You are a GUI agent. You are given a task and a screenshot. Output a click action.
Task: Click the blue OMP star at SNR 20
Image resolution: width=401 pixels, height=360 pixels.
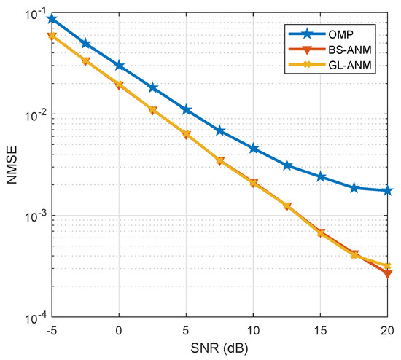387,190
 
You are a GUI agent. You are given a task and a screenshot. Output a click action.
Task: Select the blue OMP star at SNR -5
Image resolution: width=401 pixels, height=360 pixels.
52,18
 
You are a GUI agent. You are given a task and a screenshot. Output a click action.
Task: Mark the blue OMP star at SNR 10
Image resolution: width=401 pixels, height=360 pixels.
253,148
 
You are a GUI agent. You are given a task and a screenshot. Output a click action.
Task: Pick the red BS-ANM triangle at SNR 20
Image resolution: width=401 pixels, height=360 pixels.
387,274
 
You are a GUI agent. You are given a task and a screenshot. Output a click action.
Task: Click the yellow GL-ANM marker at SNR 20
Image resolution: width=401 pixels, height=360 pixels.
387,266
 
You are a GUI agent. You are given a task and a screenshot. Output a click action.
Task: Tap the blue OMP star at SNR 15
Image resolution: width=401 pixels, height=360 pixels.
320,176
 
